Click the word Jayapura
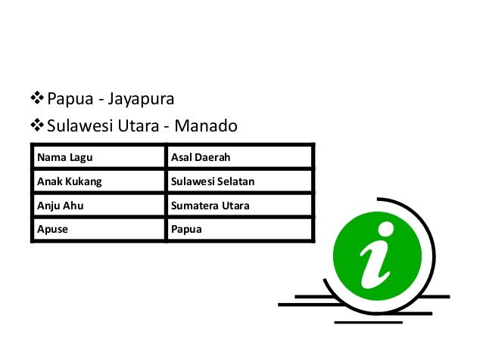click(x=141, y=99)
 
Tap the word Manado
click(x=206, y=125)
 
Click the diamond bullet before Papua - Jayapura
click(x=37, y=97)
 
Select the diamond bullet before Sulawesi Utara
click(x=37, y=125)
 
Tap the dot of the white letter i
click(x=385, y=230)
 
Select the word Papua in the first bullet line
click(x=70, y=99)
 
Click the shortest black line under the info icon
click(x=369, y=323)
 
